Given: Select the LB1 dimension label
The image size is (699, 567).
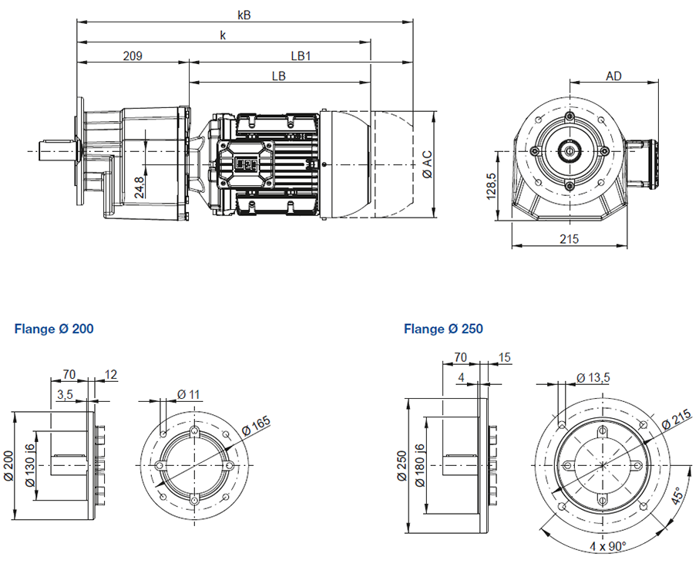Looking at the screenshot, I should click(x=300, y=56).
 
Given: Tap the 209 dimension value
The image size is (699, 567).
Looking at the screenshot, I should click(x=133, y=56).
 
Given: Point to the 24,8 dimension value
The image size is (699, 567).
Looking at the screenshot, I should click(x=139, y=187).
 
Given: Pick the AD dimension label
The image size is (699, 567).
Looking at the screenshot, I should click(x=613, y=76).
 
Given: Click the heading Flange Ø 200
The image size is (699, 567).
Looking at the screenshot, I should click(x=54, y=329).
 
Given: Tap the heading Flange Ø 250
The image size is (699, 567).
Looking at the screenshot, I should click(x=443, y=329).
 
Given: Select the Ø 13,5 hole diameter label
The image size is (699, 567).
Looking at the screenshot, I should click(x=593, y=376).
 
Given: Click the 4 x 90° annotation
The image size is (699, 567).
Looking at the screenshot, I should click(x=609, y=546).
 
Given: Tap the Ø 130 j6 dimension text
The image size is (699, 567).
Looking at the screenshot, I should click(x=31, y=465).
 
